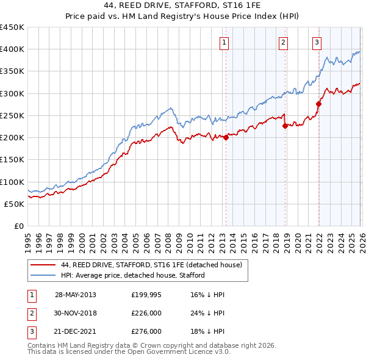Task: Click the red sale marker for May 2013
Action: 226,137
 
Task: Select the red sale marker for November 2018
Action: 285,126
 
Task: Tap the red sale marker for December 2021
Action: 318,104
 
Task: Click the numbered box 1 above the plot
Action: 224,42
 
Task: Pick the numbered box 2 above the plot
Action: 284,42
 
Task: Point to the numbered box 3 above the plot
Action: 317,42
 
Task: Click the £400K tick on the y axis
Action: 12,49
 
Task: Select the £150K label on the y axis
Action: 12,160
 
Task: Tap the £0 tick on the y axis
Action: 19,226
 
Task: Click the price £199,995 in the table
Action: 146,295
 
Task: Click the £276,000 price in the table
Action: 146,331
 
